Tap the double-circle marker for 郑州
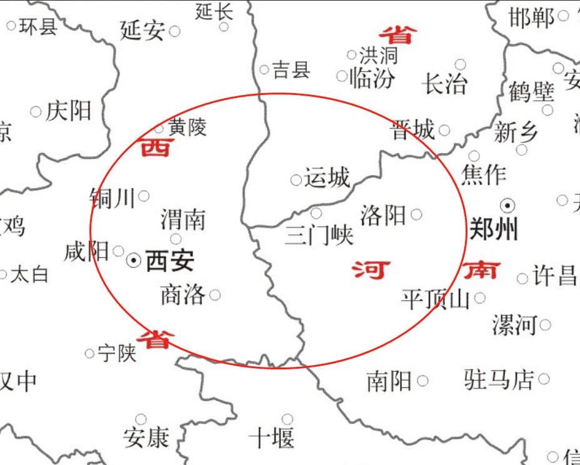pyautogui.click(x=508, y=205)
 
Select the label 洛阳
pyautogui.click(x=382, y=215)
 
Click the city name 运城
pyautogui.click(x=327, y=179)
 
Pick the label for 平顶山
pyautogui.click(x=435, y=299)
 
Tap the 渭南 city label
pyautogui.click(x=182, y=219)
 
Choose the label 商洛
pyautogui.click(x=182, y=294)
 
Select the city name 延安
pyautogui.click(x=142, y=30)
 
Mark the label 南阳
pyautogui.click(x=389, y=381)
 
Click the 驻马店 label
pyautogui.click(x=499, y=379)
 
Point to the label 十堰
pyautogui.click(x=271, y=437)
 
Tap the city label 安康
pyautogui.click(x=146, y=437)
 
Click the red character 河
pyautogui.click(x=371, y=271)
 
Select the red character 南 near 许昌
pyautogui.click(x=482, y=271)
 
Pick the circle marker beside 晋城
pyautogui.click(x=444, y=131)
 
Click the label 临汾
pyautogui.click(x=372, y=78)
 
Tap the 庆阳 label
pyautogui.click(x=69, y=111)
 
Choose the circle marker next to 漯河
pyautogui.click(x=545, y=324)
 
